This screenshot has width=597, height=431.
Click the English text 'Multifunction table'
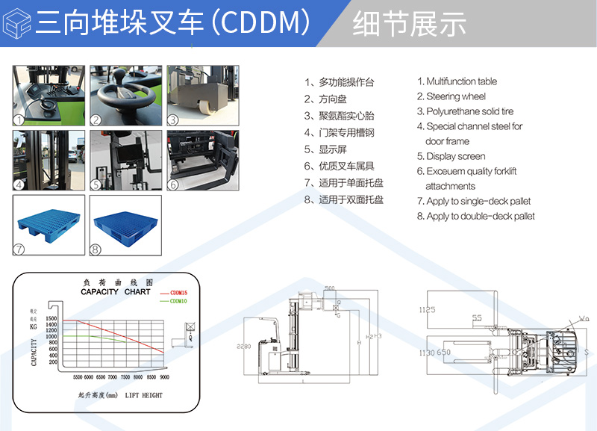[461, 81]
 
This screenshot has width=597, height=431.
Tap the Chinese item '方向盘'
[333, 99]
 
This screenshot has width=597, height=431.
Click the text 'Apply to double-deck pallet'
[481, 216]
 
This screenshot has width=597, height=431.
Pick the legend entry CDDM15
[179, 293]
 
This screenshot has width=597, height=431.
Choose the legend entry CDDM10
[179, 301]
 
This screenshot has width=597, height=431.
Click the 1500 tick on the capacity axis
[51, 319]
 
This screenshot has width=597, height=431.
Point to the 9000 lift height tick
[164, 378]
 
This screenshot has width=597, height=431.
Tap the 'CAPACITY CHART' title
[116, 291]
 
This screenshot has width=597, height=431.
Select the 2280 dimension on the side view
[243, 347]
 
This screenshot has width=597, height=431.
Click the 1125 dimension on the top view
[427, 308]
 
